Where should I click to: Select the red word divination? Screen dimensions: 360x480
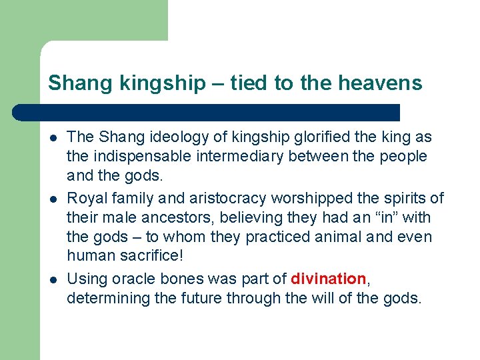pyautogui.click(x=329, y=279)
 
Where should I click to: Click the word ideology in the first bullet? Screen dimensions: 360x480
pyautogui.click(x=171, y=137)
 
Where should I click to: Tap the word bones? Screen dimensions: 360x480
pyautogui.click(x=175, y=279)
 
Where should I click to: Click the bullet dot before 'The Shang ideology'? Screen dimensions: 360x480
pyautogui.click(x=51, y=138)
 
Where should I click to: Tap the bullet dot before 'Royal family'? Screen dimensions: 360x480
pyautogui.click(x=51, y=199)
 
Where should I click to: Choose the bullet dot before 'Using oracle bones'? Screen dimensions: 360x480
pyautogui.click(x=51, y=279)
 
